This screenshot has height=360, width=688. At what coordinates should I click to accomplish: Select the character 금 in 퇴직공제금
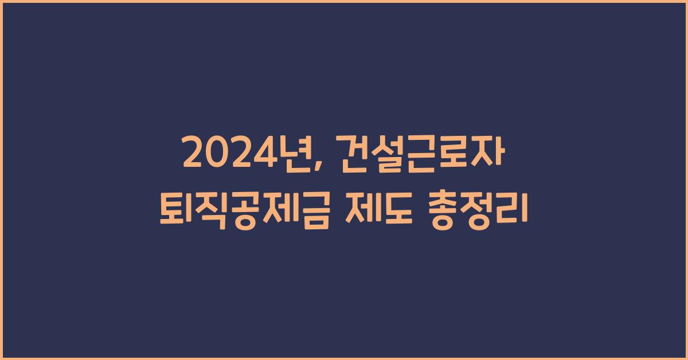[x=313, y=205]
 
